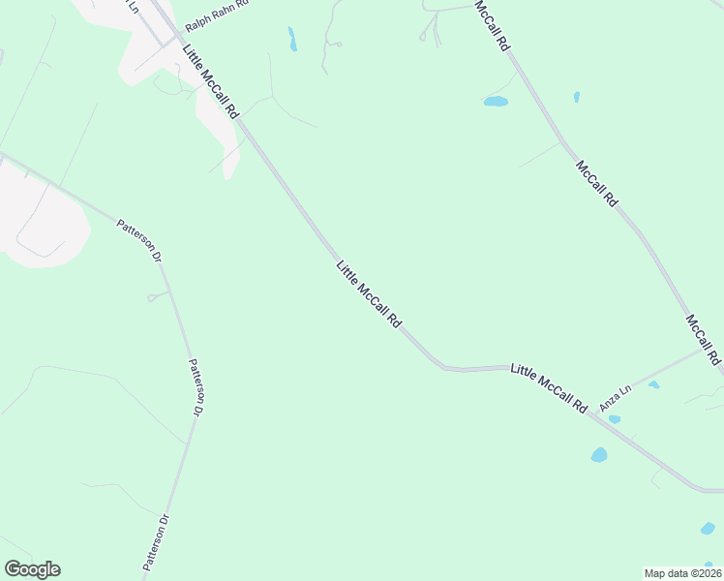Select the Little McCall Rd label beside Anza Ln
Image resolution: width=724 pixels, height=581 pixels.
click(x=549, y=388)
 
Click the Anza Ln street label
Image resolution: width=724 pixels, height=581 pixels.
click(x=616, y=398)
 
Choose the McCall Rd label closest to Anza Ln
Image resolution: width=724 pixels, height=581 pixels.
click(x=704, y=339)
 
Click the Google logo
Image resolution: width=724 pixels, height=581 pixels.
click(x=32, y=569)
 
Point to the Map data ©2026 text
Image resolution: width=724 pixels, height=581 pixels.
click(x=681, y=572)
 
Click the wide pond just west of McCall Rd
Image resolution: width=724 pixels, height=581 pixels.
click(x=496, y=101)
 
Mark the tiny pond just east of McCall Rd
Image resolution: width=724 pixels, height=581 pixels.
click(x=576, y=97)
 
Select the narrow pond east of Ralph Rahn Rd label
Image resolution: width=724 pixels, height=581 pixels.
click(x=291, y=39)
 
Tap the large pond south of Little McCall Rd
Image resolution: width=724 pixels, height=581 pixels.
click(x=599, y=454)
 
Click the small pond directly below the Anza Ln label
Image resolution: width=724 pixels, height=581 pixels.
click(x=615, y=419)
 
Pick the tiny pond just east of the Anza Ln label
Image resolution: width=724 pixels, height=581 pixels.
click(x=653, y=385)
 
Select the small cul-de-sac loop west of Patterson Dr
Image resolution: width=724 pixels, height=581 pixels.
click(x=152, y=298)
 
